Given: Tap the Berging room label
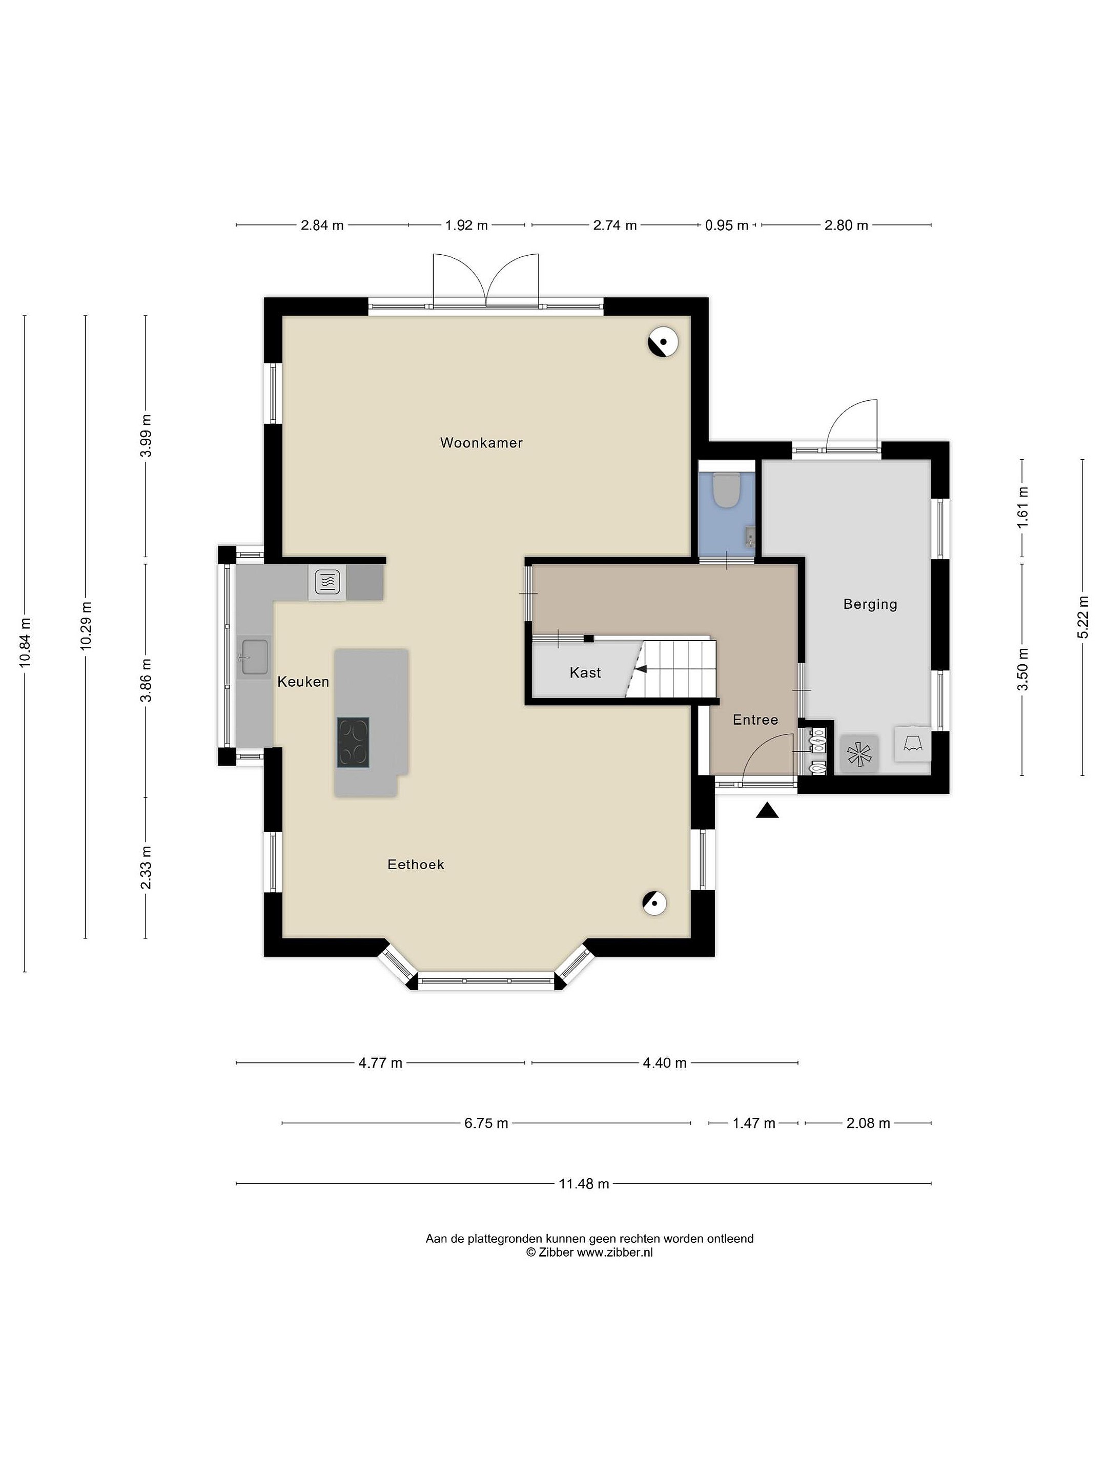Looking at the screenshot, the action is coord(870,605).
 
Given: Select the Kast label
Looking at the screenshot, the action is coord(585,672).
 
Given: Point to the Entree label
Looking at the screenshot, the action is coord(755,720).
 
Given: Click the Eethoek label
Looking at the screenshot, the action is coord(416,865).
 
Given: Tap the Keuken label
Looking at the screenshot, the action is coord(303,682).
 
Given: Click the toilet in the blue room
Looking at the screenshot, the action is coord(726,490).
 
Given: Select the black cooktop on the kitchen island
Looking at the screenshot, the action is coord(353,742).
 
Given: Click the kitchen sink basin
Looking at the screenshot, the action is coord(255,657).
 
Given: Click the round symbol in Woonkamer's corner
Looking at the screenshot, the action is coord(663,342).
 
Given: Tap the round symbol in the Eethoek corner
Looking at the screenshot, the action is coord(655,904).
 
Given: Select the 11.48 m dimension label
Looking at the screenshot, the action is coord(584,1184).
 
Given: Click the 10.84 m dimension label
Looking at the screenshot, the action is coord(25,643).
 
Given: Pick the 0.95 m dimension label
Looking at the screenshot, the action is coord(727,225).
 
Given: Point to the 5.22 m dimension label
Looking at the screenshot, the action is coord(1082,617).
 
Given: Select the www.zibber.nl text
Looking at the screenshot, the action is coord(614,1253).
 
